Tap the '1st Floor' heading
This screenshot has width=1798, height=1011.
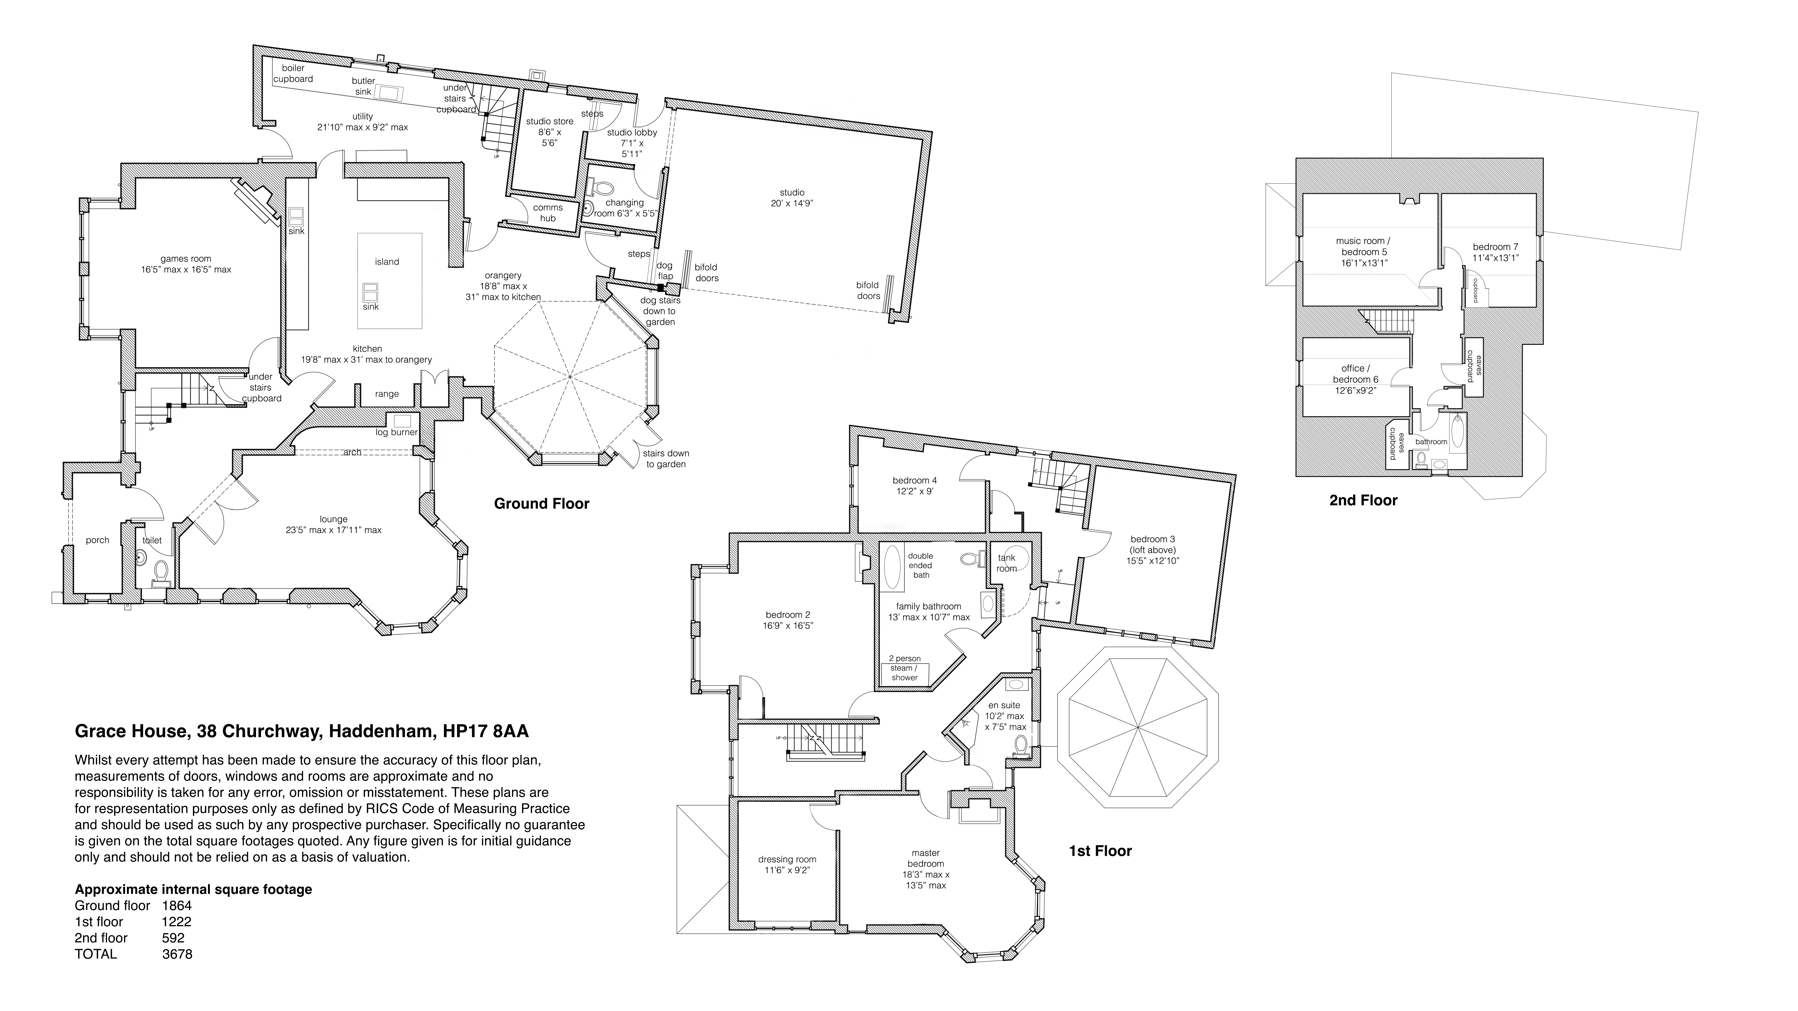pyautogui.click(x=1100, y=850)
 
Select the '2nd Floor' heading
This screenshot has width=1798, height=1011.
pyautogui.click(x=1363, y=500)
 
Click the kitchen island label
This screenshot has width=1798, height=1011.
pyautogui.click(x=387, y=262)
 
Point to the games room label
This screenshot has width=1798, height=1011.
pyautogui.click(x=186, y=264)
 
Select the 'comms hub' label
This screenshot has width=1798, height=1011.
pyautogui.click(x=548, y=213)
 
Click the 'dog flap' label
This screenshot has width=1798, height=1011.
pyautogui.click(x=665, y=271)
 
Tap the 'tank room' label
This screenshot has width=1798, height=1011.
pyautogui.click(x=1007, y=563)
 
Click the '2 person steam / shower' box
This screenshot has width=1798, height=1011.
pyautogui.click(x=905, y=673)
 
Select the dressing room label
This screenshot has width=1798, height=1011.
pyautogui.click(x=787, y=865)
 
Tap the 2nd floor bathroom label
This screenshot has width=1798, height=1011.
pyautogui.click(x=1431, y=442)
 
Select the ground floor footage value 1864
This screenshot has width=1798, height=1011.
pyautogui.click(x=177, y=906)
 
